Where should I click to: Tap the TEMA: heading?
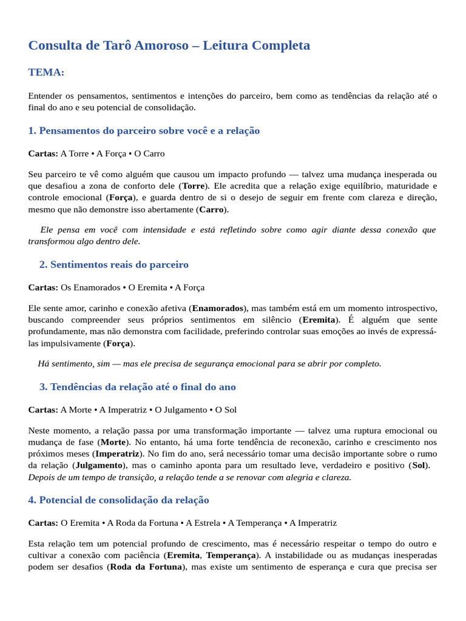(x=46, y=72)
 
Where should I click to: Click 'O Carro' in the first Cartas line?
(x=149, y=153)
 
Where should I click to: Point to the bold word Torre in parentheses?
(x=194, y=186)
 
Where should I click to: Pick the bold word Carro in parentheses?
(x=211, y=209)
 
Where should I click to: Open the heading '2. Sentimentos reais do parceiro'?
(x=114, y=264)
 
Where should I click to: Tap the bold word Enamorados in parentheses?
(x=218, y=308)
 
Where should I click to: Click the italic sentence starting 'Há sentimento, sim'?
(x=209, y=363)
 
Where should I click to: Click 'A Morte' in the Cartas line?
(x=76, y=410)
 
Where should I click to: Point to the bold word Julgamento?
(x=98, y=465)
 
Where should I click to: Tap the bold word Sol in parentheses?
(x=418, y=465)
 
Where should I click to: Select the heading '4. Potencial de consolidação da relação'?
(x=118, y=500)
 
